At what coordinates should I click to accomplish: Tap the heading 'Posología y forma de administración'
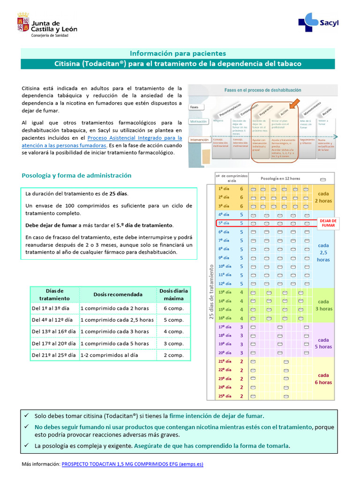coord(76,175)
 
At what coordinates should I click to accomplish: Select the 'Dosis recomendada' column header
coord(118,294)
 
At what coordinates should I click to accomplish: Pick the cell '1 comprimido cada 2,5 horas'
coord(117,320)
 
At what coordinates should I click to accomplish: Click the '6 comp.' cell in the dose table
coord(173,308)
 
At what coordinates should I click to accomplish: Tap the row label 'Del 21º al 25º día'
coord(52,355)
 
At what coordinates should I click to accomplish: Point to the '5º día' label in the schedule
coord(224,223)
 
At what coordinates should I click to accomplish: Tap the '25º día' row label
coord(224,396)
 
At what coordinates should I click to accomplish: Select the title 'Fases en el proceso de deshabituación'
coord(262,90)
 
